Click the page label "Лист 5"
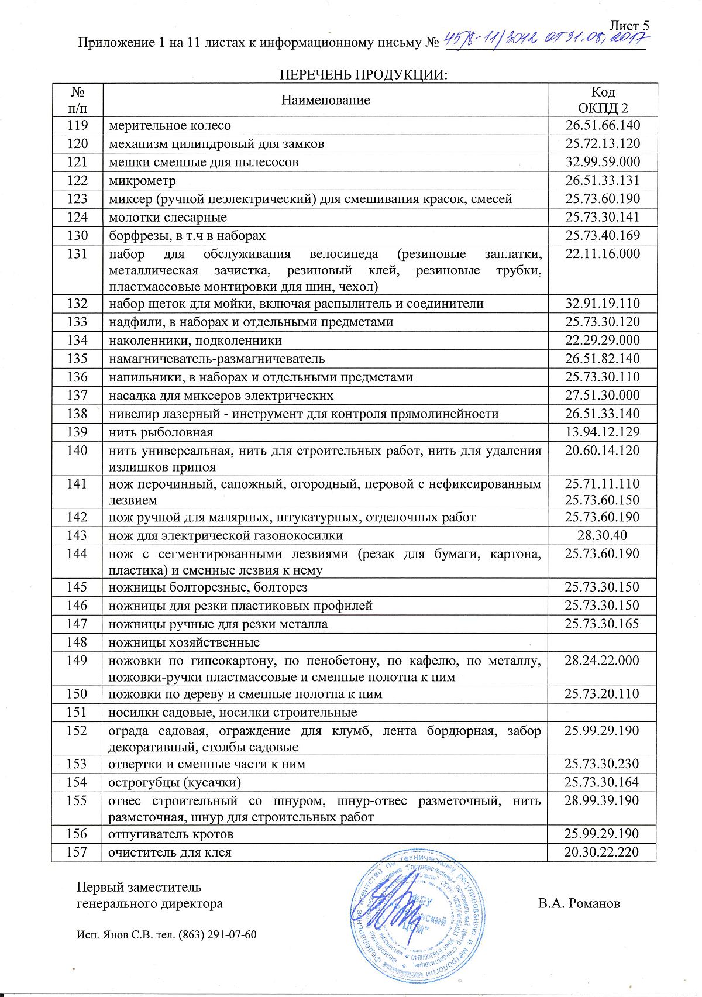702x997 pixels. (x=629, y=26)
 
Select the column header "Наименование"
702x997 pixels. (x=326, y=100)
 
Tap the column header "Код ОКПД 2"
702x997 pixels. (x=603, y=100)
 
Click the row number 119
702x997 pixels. (x=77, y=125)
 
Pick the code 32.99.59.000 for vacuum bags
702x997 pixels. (x=603, y=162)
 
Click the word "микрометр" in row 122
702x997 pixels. (x=142, y=181)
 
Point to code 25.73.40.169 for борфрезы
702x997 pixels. (x=603, y=236)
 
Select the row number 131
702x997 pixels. (x=77, y=254)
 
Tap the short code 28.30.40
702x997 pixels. (x=602, y=535)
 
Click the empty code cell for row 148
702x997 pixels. (x=603, y=642)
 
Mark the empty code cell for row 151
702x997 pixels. (x=603, y=713)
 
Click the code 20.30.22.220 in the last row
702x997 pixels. (x=602, y=852)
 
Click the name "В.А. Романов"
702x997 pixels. (x=579, y=903)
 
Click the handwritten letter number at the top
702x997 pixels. (x=547, y=41)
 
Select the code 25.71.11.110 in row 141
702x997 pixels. (x=603, y=484)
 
